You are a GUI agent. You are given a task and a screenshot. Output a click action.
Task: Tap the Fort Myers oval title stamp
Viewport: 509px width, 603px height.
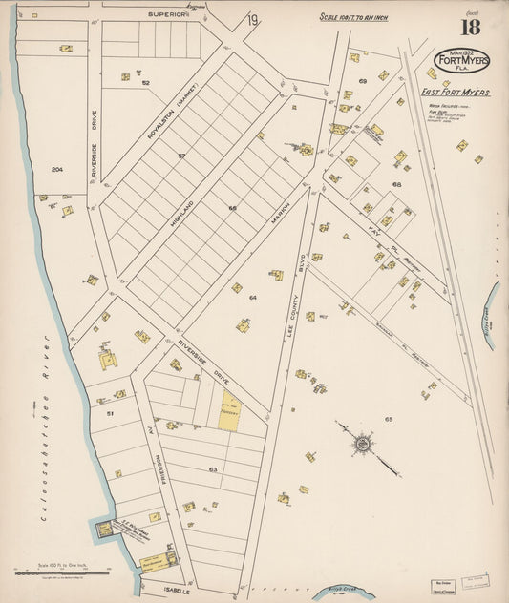click(x=461, y=62)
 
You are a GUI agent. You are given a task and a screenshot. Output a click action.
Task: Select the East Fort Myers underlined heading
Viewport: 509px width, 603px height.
click(x=456, y=92)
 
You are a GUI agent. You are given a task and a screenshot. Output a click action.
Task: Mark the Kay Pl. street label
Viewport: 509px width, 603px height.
click(x=376, y=232)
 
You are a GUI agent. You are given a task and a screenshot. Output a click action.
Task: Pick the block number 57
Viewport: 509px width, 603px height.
click(x=180, y=154)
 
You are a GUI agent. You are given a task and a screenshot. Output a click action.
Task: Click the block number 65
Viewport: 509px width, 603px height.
click(x=389, y=419)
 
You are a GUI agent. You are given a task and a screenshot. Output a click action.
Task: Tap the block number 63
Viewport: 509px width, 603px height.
click(x=213, y=469)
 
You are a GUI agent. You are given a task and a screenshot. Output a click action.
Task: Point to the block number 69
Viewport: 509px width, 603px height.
click(x=362, y=81)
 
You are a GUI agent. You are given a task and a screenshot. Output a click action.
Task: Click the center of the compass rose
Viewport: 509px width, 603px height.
click(x=363, y=443)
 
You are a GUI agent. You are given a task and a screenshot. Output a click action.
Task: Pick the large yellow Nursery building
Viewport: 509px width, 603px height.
click(x=230, y=409)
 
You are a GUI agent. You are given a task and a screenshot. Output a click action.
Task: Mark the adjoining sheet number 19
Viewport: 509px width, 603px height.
click(x=252, y=20)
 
